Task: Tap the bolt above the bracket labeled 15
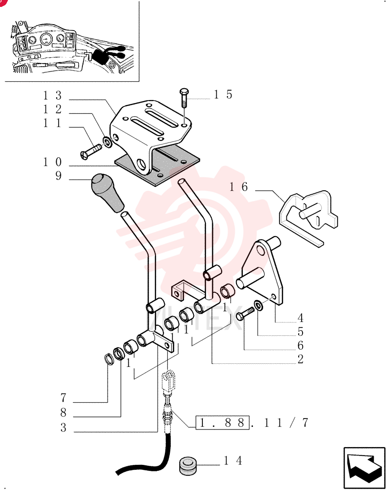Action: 184,98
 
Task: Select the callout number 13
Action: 52,95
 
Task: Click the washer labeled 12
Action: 107,142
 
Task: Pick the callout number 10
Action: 52,162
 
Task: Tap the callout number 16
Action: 238,187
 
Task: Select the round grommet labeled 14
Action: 188,466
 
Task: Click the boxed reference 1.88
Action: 222,423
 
